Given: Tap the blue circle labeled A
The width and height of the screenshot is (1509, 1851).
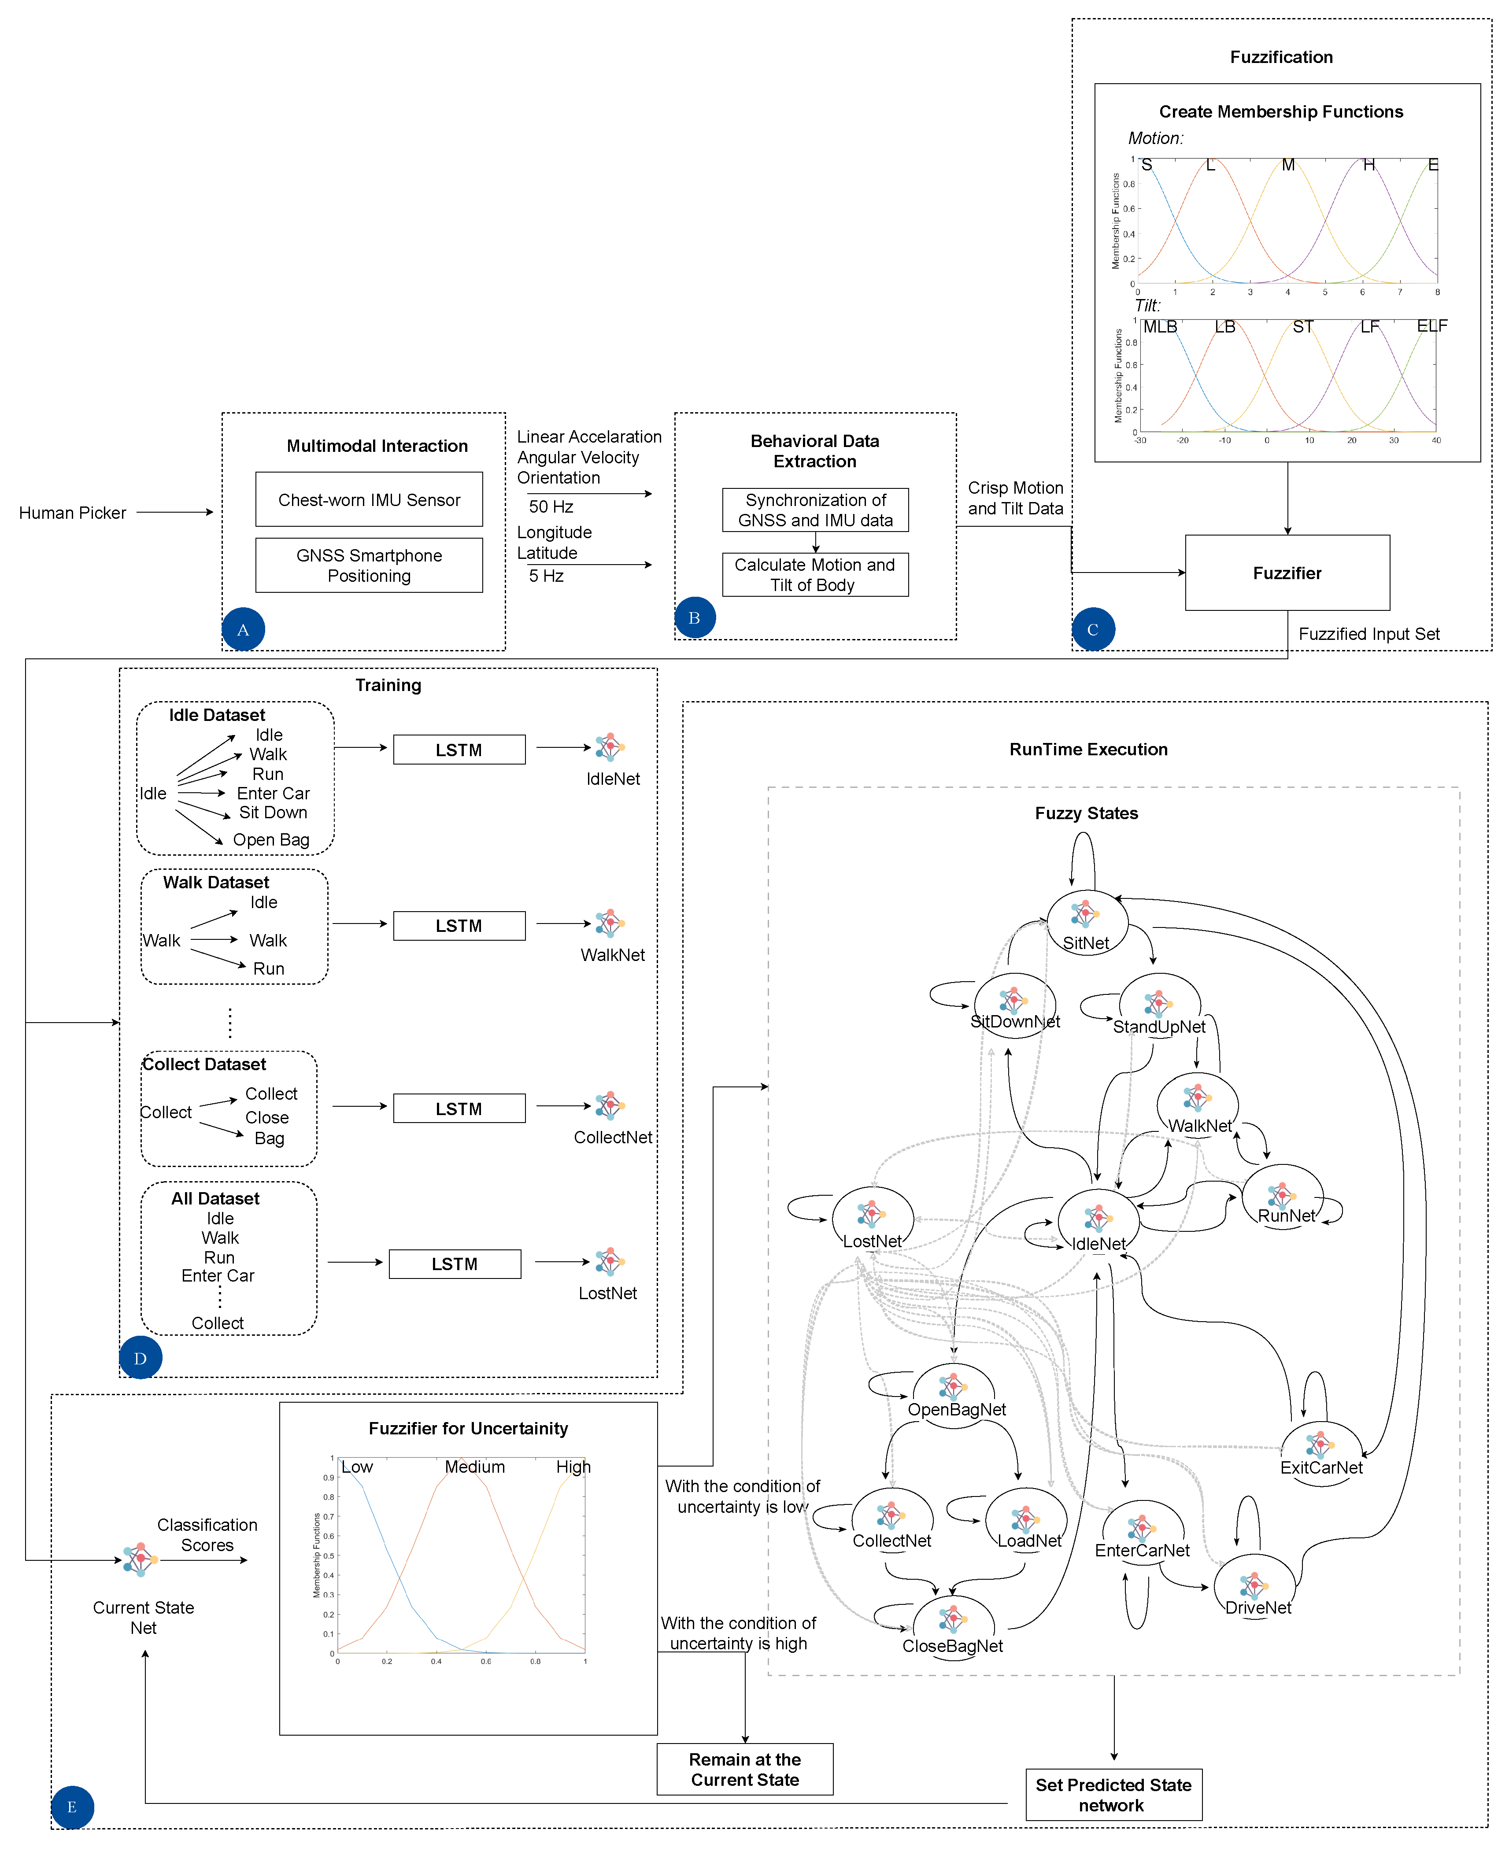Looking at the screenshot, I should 244,629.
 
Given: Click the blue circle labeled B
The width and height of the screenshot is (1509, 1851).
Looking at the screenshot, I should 695,618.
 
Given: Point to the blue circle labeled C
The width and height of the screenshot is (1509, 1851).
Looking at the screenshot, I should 1093,629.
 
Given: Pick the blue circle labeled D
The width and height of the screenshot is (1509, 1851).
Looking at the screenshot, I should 140,1357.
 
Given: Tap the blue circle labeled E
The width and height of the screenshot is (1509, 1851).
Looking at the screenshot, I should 72,1807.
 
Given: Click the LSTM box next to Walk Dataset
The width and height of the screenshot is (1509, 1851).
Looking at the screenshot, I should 459,926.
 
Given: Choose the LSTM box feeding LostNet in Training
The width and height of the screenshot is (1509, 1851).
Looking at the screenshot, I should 455,1264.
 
